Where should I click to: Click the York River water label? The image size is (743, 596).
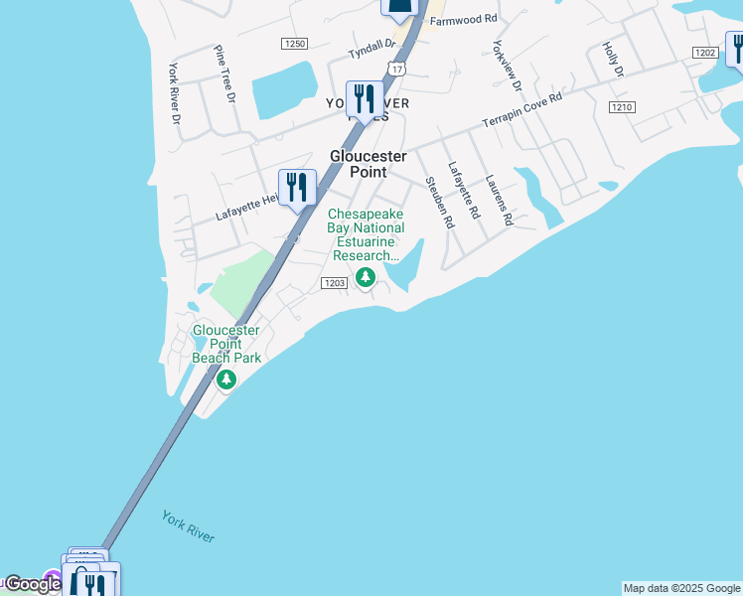[x=188, y=526]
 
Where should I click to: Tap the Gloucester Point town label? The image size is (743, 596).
[x=369, y=164]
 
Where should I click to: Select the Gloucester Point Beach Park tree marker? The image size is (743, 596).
[x=226, y=378]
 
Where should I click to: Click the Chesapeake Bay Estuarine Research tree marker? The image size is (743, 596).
[x=366, y=277]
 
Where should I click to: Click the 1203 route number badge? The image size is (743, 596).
[x=334, y=283]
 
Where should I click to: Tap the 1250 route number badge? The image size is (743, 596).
[x=294, y=44]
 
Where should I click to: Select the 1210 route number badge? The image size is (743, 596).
[x=622, y=107]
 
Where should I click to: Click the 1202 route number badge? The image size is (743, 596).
[x=704, y=53]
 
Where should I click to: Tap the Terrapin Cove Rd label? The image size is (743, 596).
[x=522, y=110]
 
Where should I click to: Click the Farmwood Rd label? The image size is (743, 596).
[x=463, y=19]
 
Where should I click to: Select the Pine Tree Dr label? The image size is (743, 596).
[x=224, y=74]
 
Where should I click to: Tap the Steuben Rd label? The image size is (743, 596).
[x=438, y=203]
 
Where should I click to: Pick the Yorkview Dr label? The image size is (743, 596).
[x=513, y=67]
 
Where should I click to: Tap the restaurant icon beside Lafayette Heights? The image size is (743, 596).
[x=297, y=187]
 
